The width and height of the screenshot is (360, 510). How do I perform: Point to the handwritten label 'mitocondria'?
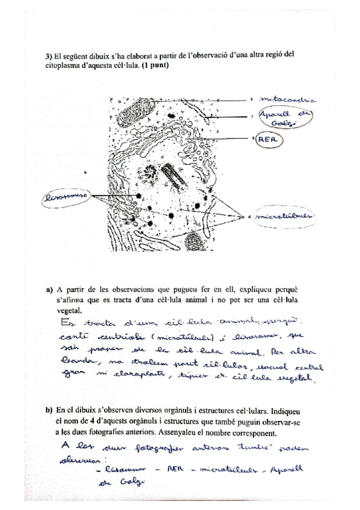(294, 99)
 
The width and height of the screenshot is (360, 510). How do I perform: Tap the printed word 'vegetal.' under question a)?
(70, 310)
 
